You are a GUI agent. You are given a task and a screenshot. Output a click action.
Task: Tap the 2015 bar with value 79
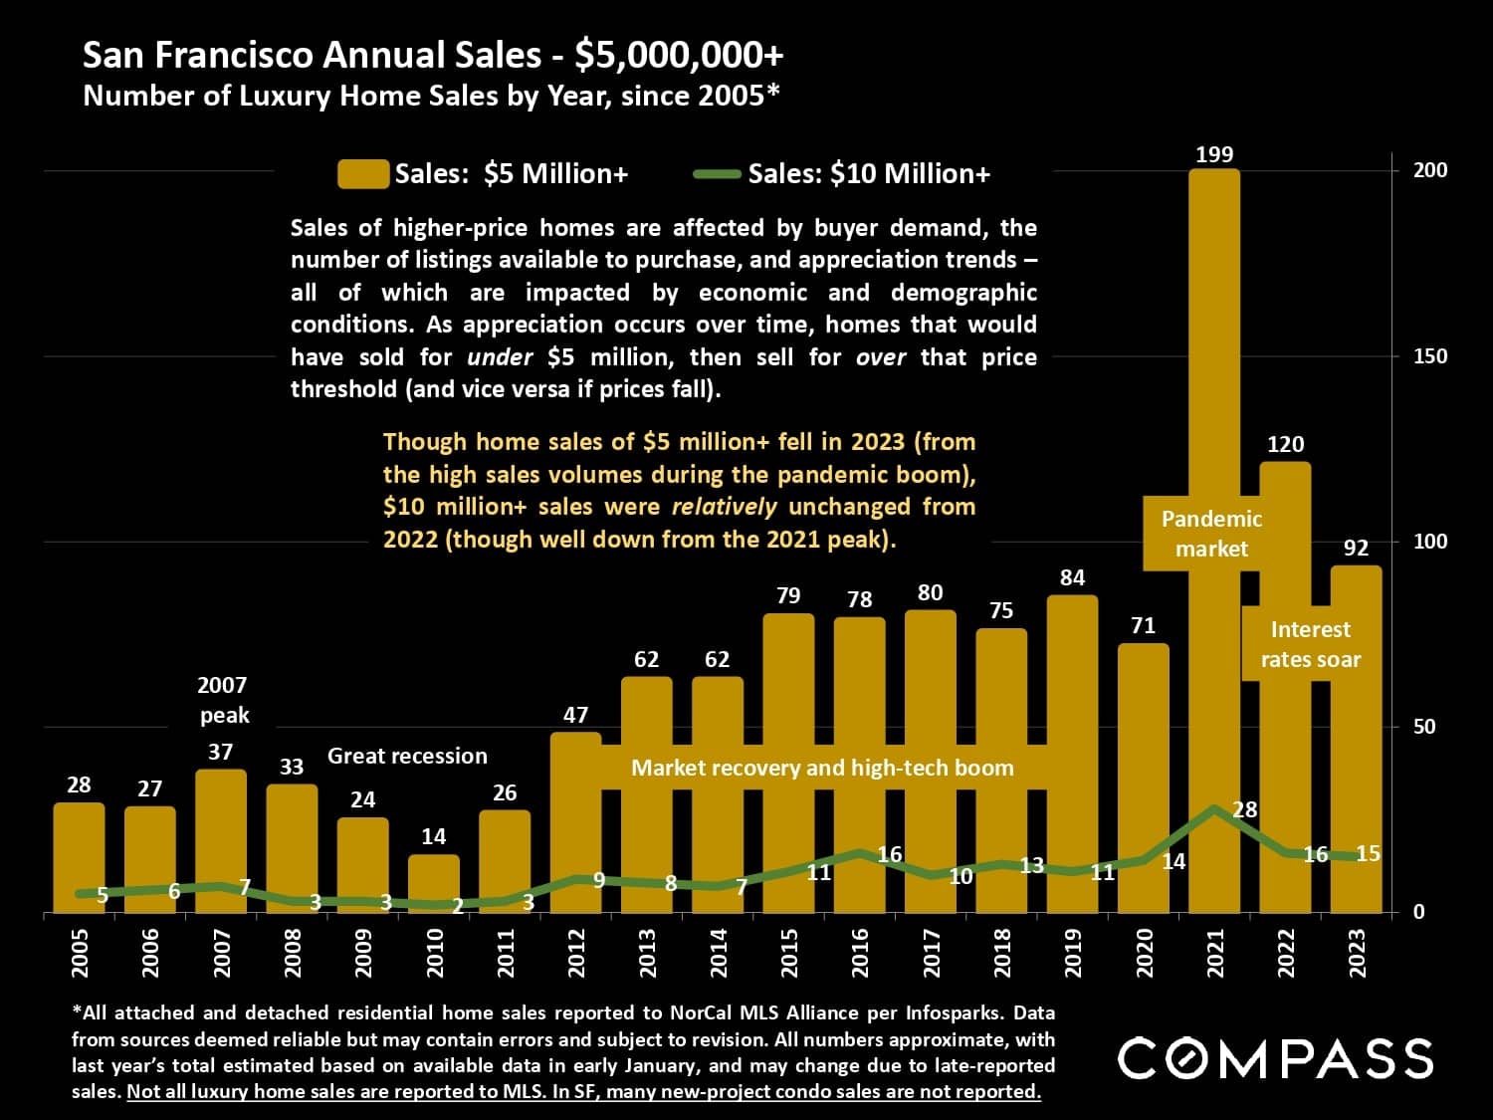click(x=788, y=697)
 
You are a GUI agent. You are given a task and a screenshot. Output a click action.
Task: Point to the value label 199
click(x=1214, y=154)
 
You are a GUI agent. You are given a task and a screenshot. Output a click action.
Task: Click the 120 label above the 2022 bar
click(x=1285, y=444)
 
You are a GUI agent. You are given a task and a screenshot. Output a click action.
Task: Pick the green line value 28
click(x=1245, y=809)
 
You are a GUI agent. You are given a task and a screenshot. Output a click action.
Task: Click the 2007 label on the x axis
click(x=222, y=953)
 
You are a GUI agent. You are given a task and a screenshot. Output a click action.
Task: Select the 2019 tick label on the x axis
click(x=1073, y=953)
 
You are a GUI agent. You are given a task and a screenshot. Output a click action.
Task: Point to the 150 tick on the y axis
click(x=1430, y=356)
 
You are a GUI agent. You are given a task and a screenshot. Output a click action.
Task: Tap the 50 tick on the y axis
click(x=1424, y=727)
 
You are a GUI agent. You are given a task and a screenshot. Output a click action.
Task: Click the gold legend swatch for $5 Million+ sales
click(x=362, y=174)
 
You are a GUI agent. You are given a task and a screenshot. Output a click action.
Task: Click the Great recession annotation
click(x=407, y=756)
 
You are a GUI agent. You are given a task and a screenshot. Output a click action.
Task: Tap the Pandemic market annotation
click(x=1211, y=534)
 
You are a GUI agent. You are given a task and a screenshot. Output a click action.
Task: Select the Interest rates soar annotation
click(x=1310, y=644)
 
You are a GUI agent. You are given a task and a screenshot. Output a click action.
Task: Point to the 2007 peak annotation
click(x=223, y=700)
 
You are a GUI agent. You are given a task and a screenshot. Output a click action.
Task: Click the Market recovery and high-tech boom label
click(x=822, y=768)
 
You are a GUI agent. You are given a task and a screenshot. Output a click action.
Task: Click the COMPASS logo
click(x=1275, y=1058)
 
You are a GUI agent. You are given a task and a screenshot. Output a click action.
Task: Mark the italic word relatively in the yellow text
click(x=724, y=507)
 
